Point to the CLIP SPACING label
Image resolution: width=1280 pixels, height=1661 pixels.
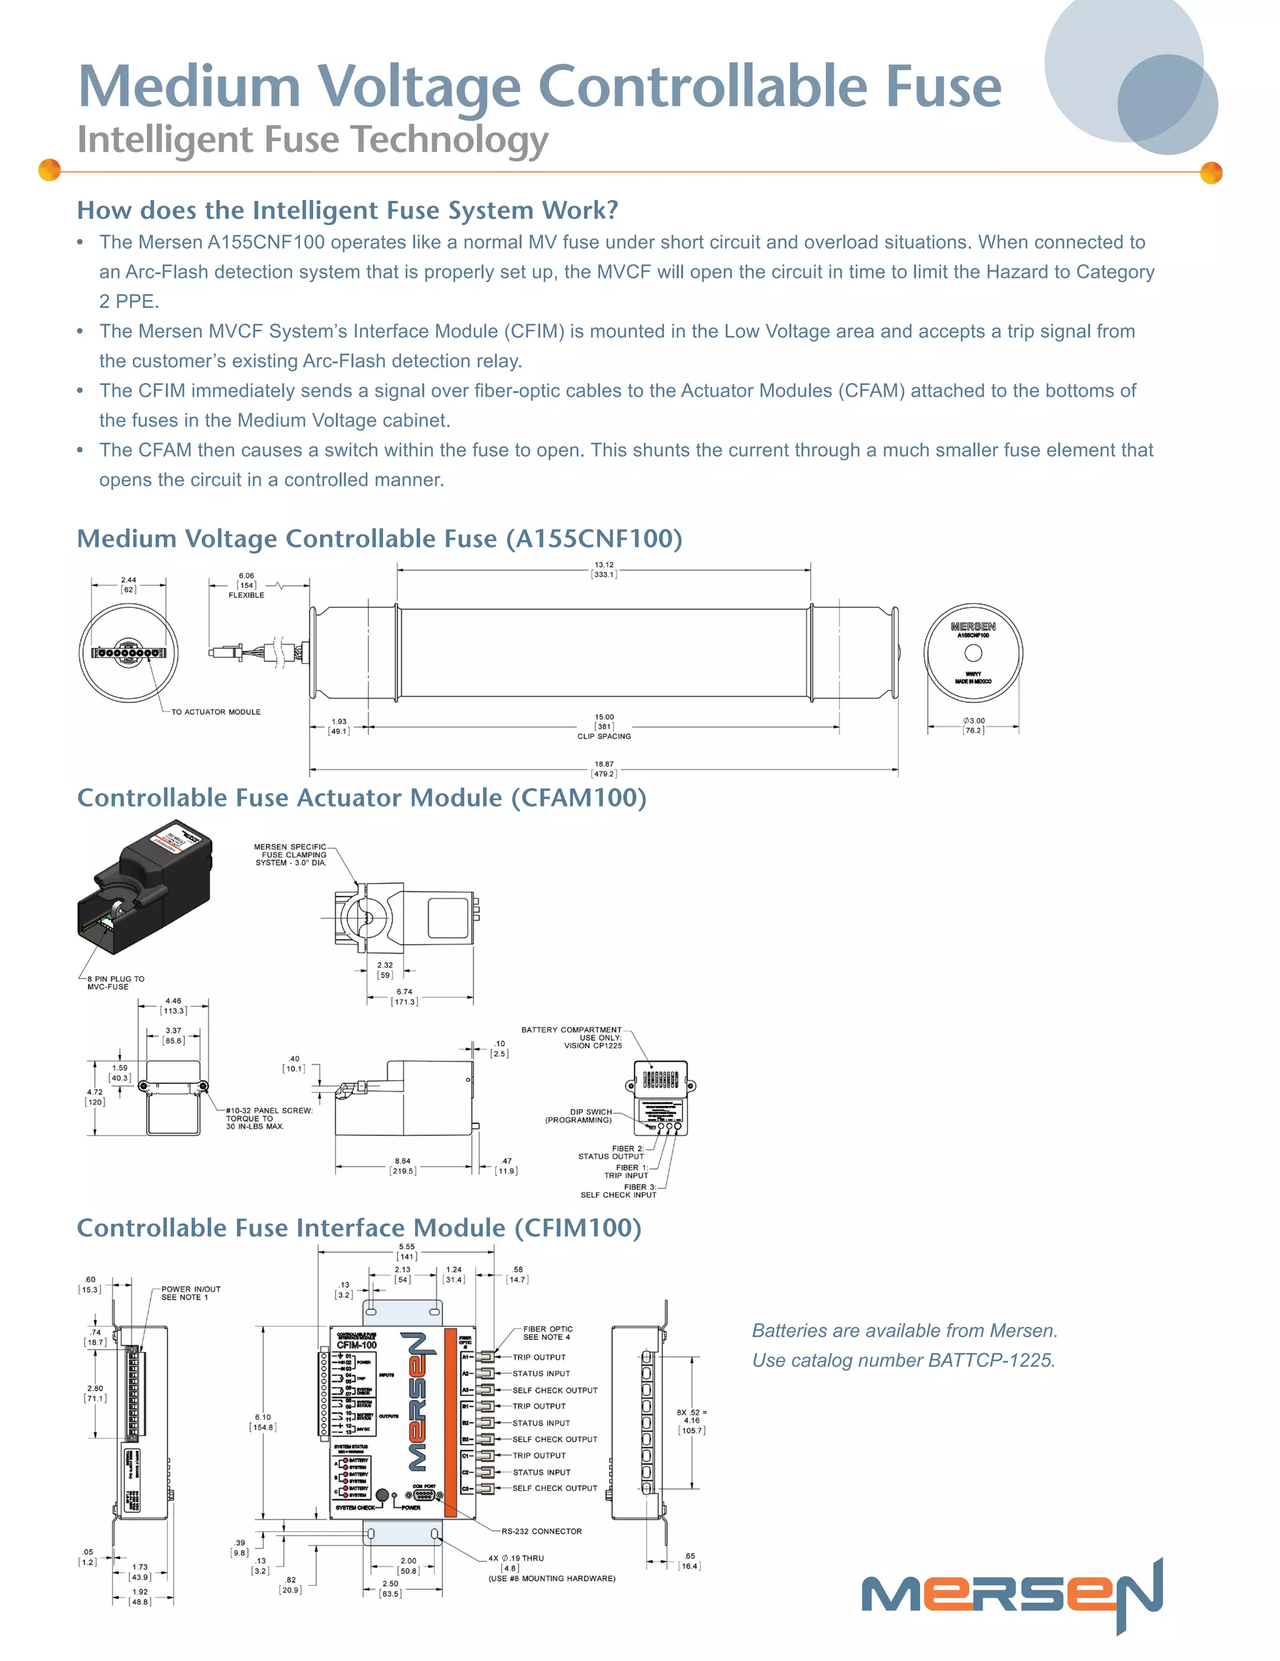point(604,736)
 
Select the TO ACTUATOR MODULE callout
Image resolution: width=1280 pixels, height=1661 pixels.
point(216,712)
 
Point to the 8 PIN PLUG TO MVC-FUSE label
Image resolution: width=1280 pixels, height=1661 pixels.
point(115,983)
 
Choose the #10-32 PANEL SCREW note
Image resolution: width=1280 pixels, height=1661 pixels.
point(268,1118)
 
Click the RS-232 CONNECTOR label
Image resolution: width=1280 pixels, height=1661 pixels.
point(541,1531)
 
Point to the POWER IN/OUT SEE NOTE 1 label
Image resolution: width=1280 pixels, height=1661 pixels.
point(190,1293)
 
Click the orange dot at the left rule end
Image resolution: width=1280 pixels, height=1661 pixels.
point(49,170)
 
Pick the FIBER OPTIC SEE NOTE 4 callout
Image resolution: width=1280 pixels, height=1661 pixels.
point(547,1332)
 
